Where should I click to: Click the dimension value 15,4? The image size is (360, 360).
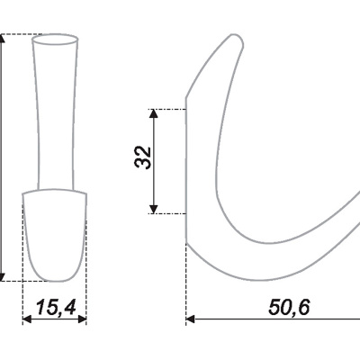[56, 307]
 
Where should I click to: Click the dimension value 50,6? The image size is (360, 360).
[289, 307]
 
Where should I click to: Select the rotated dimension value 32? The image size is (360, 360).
[143, 157]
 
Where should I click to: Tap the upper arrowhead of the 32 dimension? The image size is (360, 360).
[154, 113]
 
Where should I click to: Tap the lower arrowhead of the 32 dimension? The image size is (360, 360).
[154, 209]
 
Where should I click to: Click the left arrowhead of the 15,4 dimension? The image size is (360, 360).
[27, 319]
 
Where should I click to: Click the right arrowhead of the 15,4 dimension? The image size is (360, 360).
[82, 319]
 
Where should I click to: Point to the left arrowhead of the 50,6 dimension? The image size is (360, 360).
[191, 319]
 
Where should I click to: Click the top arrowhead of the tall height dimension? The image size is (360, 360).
[2, 39]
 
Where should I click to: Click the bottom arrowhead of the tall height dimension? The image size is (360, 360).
[2, 277]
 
